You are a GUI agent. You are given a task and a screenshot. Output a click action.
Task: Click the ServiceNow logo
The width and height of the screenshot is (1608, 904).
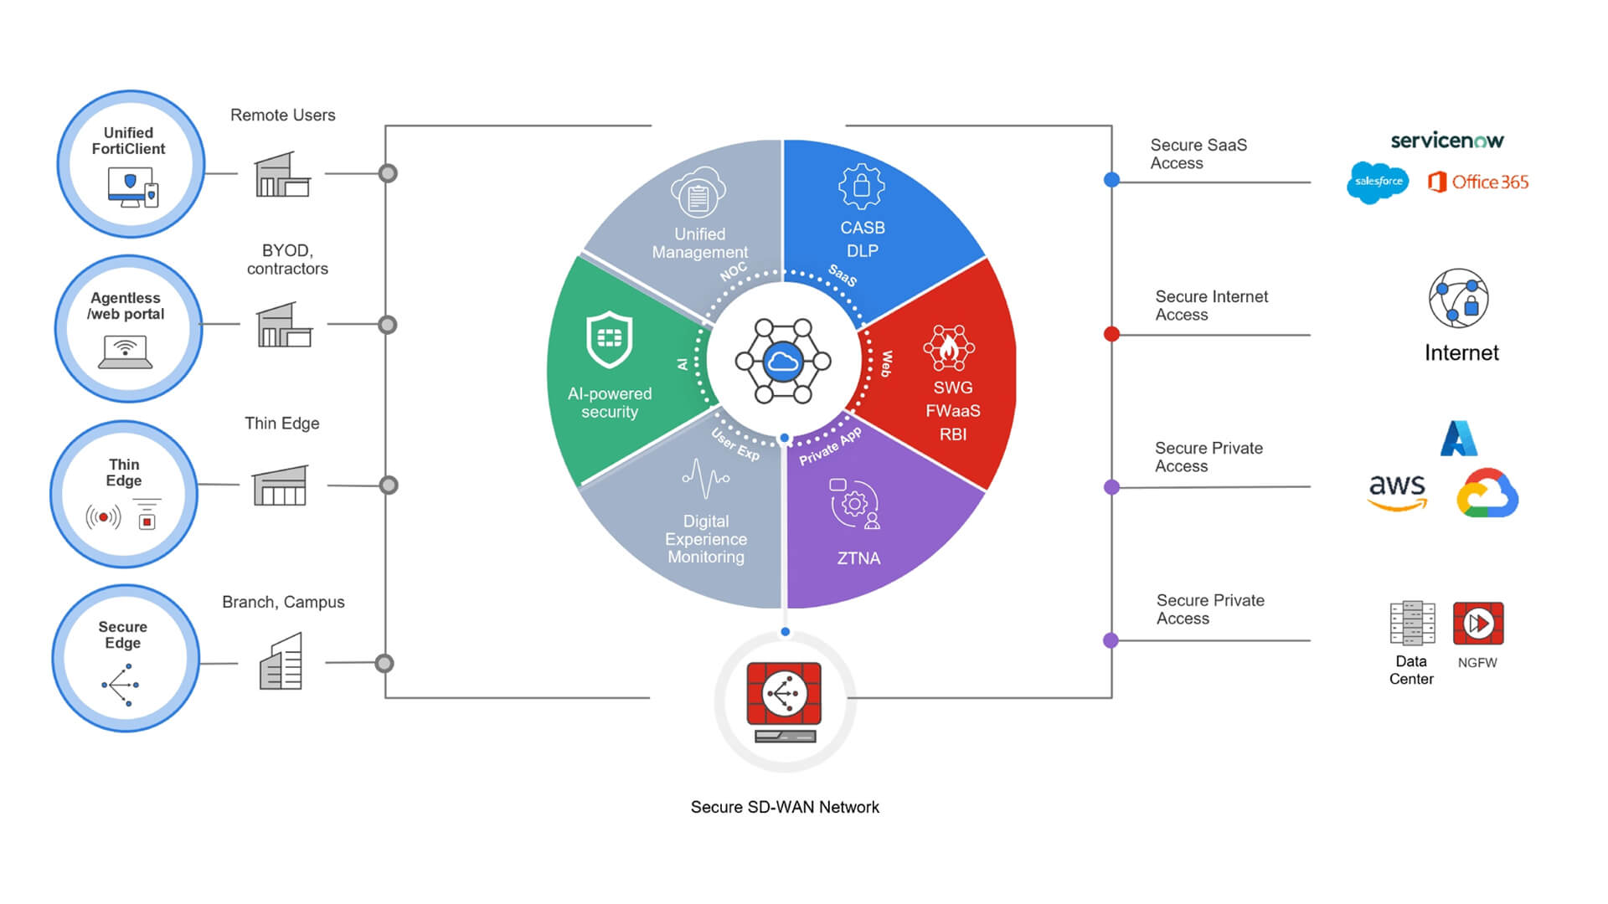pos(1446,141)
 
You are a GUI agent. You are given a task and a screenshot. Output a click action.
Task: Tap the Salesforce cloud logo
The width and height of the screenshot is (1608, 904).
pos(1378,182)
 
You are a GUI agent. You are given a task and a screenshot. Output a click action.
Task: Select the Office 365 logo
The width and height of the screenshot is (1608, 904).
pos(1478,182)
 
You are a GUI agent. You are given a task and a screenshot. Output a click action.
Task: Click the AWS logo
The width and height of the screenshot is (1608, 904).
pos(1396,491)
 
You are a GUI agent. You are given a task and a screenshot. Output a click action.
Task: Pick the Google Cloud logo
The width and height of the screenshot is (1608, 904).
pos(1487,493)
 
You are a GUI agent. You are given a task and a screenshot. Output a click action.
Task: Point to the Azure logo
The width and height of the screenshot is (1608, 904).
pos(1458,439)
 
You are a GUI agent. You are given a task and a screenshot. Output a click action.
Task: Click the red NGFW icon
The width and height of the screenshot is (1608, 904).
pos(1478,624)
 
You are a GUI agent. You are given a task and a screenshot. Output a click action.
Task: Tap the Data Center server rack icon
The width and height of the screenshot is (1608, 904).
pos(1412,624)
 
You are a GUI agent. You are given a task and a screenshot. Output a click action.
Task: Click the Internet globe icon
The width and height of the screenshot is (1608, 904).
pos(1458,299)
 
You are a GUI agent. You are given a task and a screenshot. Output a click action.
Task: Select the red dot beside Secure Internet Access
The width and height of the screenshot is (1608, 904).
pos(1111,334)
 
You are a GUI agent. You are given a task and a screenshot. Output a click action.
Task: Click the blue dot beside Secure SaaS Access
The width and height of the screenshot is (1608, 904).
pos(1111,179)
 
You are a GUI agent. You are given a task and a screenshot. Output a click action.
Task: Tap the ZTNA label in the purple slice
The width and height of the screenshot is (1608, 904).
pos(858,558)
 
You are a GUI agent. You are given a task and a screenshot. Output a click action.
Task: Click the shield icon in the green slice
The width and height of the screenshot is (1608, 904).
pos(609,339)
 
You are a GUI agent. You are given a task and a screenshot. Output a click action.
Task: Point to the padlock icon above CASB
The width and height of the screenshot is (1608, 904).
pos(861,186)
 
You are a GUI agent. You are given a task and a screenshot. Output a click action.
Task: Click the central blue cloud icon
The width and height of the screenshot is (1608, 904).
pos(783,362)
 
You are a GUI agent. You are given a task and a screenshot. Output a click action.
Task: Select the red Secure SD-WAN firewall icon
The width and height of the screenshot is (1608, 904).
pos(784,694)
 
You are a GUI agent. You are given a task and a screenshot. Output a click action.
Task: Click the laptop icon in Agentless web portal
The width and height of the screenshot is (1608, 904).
pos(126,352)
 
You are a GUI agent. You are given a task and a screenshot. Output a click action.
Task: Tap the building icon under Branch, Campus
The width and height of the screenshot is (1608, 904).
pos(281,662)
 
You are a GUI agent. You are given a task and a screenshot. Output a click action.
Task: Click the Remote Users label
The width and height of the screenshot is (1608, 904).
pos(282,116)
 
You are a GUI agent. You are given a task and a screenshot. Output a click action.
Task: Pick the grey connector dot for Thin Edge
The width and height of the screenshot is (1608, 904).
pos(389,485)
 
